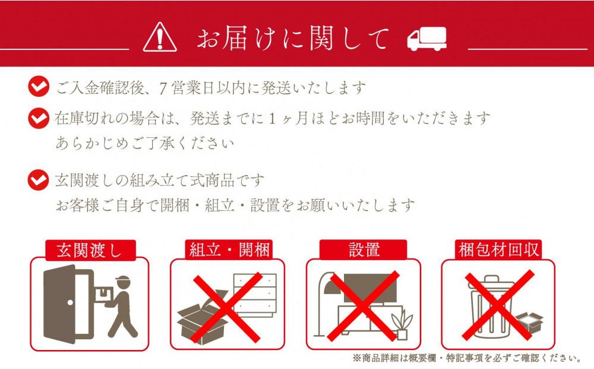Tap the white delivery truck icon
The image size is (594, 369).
[x=426, y=39]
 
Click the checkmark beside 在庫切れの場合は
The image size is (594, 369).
[x=39, y=118]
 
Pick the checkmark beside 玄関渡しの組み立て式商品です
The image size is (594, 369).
[x=39, y=178]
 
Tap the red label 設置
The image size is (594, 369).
[x=364, y=250]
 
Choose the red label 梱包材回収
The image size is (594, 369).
[x=499, y=250]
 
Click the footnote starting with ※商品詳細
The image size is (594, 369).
[x=466, y=358]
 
